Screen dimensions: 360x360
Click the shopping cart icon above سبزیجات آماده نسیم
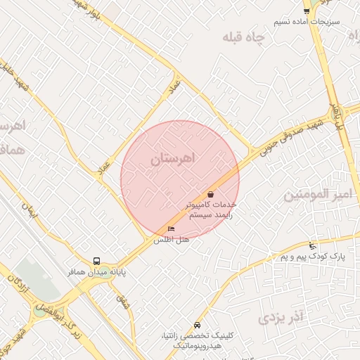tap(307, 11)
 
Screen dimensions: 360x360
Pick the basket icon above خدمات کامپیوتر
tap(210, 194)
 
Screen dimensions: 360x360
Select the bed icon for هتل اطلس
tap(171, 229)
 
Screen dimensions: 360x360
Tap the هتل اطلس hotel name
tap(172, 240)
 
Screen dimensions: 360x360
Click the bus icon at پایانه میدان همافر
tap(97, 261)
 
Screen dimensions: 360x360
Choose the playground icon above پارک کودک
tap(312, 246)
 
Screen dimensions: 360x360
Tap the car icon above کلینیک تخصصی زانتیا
tap(197, 326)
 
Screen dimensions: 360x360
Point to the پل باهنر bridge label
tap(337, 115)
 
